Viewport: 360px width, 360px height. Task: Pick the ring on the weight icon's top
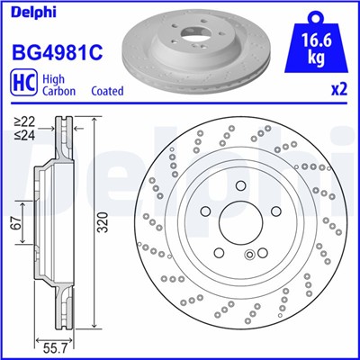[313, 14]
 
